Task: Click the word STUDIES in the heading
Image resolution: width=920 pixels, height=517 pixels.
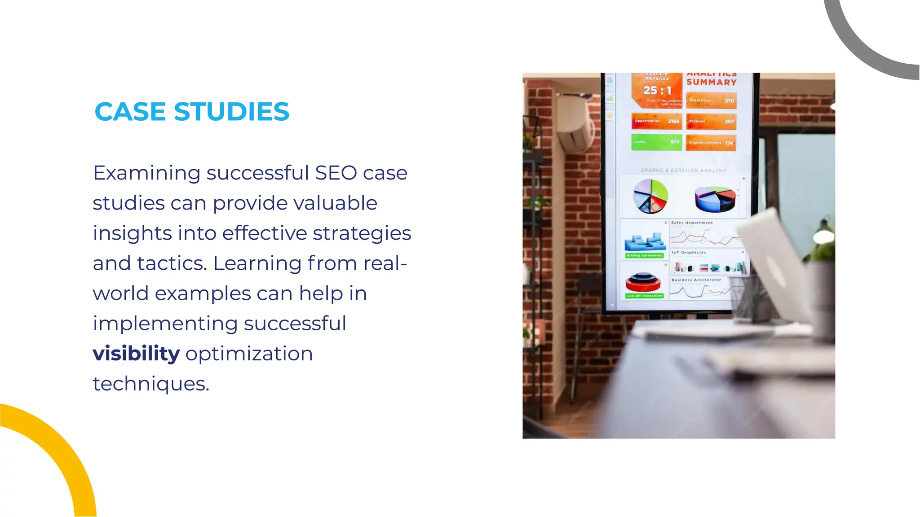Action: click(231, 112)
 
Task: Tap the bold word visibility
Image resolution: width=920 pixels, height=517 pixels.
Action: click(136, 353)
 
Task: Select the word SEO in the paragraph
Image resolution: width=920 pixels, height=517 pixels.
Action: click(336, 173)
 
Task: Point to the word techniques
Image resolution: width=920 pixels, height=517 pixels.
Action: click(150, 384)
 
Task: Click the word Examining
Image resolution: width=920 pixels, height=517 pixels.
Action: click(146, 173)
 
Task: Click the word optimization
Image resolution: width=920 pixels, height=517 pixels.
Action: click(249, 354)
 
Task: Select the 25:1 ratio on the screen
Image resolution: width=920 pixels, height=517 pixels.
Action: click(657, 91)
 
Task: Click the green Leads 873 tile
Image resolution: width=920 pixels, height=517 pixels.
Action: click(656, 142)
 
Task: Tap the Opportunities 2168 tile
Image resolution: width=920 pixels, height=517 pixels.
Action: click(656, 121)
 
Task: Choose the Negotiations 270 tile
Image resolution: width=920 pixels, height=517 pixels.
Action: click(711, 101)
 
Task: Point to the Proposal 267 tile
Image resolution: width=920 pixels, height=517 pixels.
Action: click(711, 121)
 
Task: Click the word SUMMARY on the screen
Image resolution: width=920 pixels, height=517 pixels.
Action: click(711, 82)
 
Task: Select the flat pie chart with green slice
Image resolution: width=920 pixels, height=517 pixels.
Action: click(650, 196)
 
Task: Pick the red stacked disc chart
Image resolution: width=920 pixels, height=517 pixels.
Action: click(643, 282)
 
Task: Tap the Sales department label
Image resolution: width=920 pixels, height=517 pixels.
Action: click(692, 223)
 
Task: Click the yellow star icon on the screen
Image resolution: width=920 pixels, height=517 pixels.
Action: click(610, 115)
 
